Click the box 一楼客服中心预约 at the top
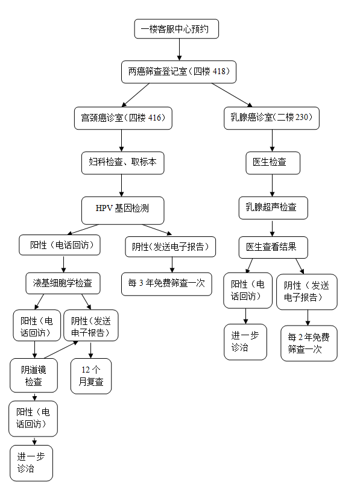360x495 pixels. (x=175, y=29)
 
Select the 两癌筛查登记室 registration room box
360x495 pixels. (x=178, y=72)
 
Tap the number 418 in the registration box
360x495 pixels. (x=219, y=72)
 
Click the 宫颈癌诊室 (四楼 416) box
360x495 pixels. (x=123, y=118)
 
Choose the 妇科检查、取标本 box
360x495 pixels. (x=122, y=162)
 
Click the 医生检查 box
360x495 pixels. (x=273, y=162)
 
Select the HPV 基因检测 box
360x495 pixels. (x=122, y=209)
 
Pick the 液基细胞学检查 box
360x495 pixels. (x=63, y=282)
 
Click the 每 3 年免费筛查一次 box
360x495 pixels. (x=167, y=283)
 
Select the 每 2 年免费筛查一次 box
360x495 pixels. (x=309, y=343)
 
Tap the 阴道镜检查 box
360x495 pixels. (x=34, y=376)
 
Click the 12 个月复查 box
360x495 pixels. (x=91, y=376)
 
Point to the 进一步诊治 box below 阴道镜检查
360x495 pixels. (x=31, y=462)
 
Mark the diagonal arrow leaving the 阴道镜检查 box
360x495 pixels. (x=60, y=350)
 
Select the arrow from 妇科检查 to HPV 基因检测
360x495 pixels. (x=122, y=185)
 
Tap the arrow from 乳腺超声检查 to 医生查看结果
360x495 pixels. (x=273, y=228)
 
